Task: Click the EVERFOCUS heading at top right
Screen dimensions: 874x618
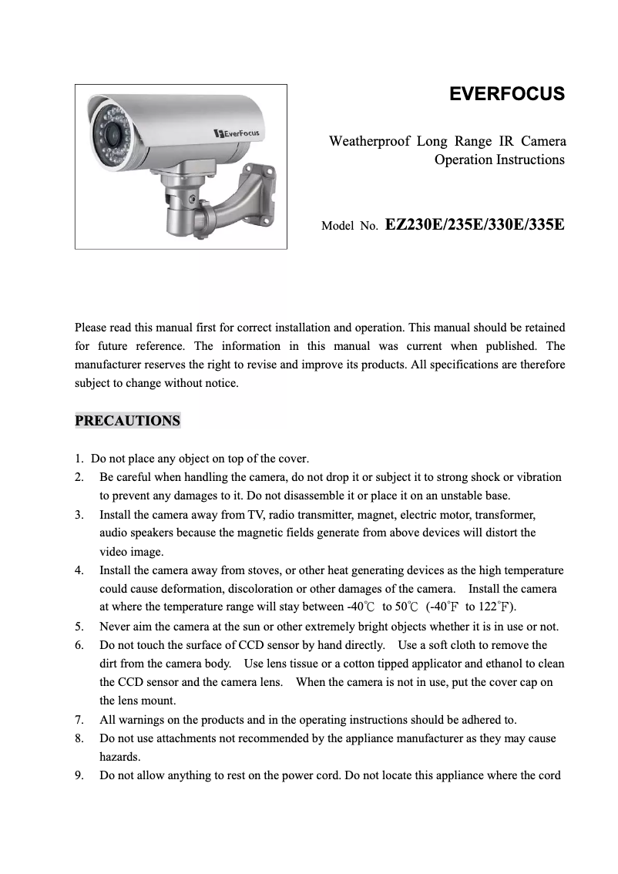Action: (x=506, y=95)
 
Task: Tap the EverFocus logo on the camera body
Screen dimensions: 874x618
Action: (x=237, y=133)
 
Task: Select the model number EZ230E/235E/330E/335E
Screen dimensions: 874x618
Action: (x=474, y=225)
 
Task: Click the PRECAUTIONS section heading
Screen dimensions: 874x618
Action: (x=127, y=421)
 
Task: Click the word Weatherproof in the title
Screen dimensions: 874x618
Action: (x=368, y=141)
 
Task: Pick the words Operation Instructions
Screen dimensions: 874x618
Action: (x=499, y=160)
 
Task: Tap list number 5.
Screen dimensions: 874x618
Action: (x=79, y=627)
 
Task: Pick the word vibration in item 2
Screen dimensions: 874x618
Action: (x=538, y=477)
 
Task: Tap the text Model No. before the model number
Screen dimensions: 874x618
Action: (x=349, y=227)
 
